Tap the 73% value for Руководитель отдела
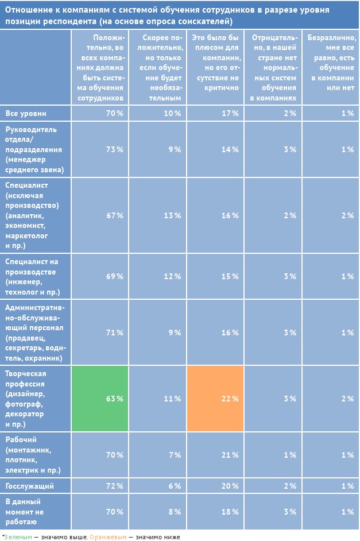click(x=115, y=149)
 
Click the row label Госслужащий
click(x=29, y=486)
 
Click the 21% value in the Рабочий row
click(x=230, y=455)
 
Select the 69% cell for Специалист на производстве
click(x=115, y=276)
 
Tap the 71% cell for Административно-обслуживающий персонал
click(x=115, y=333)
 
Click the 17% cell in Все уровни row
click(x=230, y=113)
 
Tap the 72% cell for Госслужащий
click(x=115, y=486)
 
